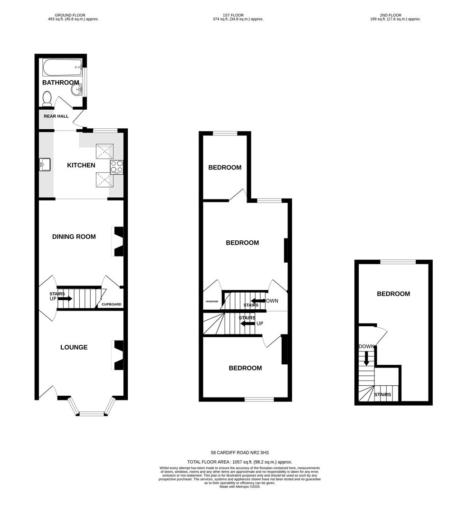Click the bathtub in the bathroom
[61, 68]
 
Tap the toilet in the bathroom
[47, 98]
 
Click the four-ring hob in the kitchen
[117, 167]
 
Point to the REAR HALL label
[56, 116]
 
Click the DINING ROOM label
[74, 237]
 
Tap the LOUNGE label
[74, 347]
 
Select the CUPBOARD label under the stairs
[111, 304]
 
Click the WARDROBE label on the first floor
[211, 302]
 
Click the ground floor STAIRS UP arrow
[65, 299]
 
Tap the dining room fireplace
[118, 242]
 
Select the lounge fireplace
[118, 355]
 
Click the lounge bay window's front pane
[92, 414]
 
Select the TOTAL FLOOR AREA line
[239, 462]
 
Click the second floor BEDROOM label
[393, 294]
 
